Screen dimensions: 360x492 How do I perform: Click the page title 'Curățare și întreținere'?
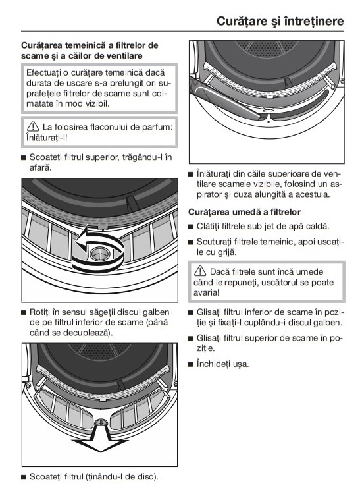[280, 22]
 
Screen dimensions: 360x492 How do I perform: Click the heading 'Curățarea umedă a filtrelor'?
[245, 212]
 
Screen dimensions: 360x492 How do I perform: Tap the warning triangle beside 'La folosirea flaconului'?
[33, 126]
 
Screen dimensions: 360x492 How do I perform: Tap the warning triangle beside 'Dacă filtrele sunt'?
[200, 271]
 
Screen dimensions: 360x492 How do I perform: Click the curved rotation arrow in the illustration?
[98, 250]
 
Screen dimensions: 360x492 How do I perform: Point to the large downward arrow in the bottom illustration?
[100, 437]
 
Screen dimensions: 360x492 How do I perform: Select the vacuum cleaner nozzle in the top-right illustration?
[226, 98]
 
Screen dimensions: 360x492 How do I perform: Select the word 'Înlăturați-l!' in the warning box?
[47, 138]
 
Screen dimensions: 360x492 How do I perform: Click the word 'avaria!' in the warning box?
[207, 292]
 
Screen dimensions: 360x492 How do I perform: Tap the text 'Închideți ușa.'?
[222, 364]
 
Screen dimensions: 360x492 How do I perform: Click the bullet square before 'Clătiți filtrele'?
[190, 227]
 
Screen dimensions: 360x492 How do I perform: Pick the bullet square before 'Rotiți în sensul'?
[23, 312]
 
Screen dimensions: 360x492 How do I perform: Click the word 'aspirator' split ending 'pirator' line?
[209, 194]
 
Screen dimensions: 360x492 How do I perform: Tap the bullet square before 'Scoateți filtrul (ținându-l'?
[23, 478]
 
